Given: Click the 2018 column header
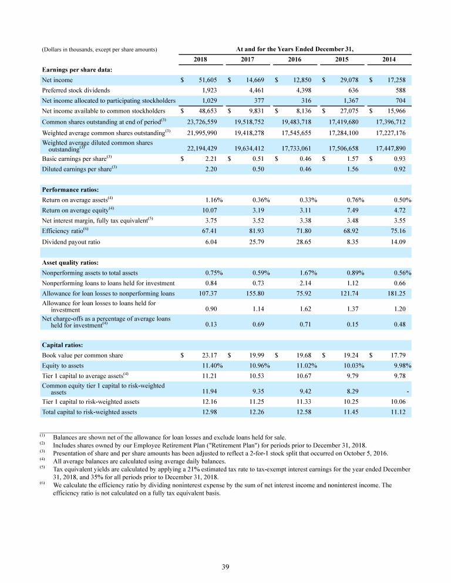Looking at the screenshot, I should [200, 59].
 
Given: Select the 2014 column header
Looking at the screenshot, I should [388, 59].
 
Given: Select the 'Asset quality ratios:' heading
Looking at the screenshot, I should [70, 262].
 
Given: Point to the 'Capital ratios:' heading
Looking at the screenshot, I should [63, 345].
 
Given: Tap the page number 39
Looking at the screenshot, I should [225, 566].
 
